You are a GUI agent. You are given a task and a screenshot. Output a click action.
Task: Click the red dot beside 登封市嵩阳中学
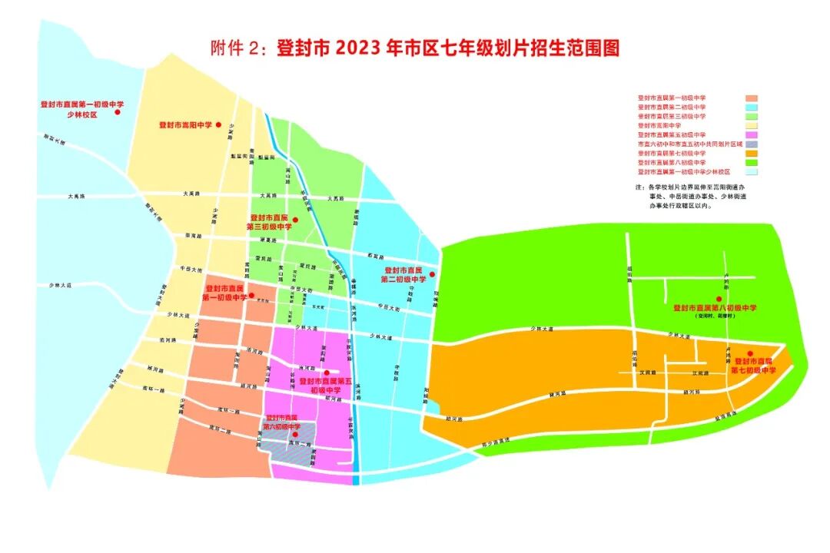point(219,124)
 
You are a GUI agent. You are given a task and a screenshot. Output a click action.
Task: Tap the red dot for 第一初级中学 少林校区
point(118,112)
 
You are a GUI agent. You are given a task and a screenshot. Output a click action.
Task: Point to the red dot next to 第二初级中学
point(432,274)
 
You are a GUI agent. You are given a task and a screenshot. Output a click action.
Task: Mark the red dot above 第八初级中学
point(719,299)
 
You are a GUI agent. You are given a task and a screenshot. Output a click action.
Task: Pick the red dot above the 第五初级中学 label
point(327,373)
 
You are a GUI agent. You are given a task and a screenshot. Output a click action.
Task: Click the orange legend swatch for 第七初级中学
point(752,154)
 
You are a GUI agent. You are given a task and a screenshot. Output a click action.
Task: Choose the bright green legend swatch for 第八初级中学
point(752,163)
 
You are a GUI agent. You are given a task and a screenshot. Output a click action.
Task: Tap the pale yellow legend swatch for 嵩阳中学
point(752,125)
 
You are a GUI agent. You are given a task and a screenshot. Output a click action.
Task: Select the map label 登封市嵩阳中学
point(185,124)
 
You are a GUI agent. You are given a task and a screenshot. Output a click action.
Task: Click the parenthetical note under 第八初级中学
point(715,316)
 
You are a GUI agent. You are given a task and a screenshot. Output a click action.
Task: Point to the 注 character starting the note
point(638,187)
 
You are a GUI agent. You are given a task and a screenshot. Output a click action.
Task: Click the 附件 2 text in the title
point(234,48)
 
